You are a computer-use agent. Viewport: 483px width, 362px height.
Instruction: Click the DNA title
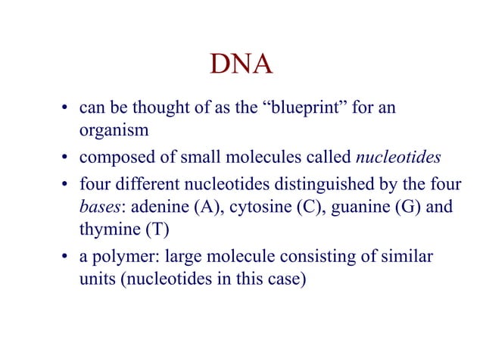(x=241, y=66)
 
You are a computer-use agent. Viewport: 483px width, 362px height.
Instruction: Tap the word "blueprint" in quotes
(x=291, y=108)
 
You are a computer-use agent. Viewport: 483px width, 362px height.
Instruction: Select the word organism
(x=113, y=130)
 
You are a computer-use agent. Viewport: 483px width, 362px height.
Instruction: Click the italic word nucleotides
(x=397, y=158)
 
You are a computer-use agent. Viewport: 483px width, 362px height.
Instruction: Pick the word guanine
(x=357, y=208)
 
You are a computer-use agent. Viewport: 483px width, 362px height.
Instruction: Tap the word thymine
(x=108, y=230)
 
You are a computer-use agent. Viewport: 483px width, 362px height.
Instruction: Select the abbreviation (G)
(x=407, y=208)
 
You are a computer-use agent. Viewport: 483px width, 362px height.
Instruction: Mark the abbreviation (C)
(x=307, y=208)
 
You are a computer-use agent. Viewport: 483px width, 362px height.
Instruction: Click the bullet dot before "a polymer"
(x=67, y=258)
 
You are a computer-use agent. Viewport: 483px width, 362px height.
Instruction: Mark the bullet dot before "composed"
(x=67, y=158)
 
